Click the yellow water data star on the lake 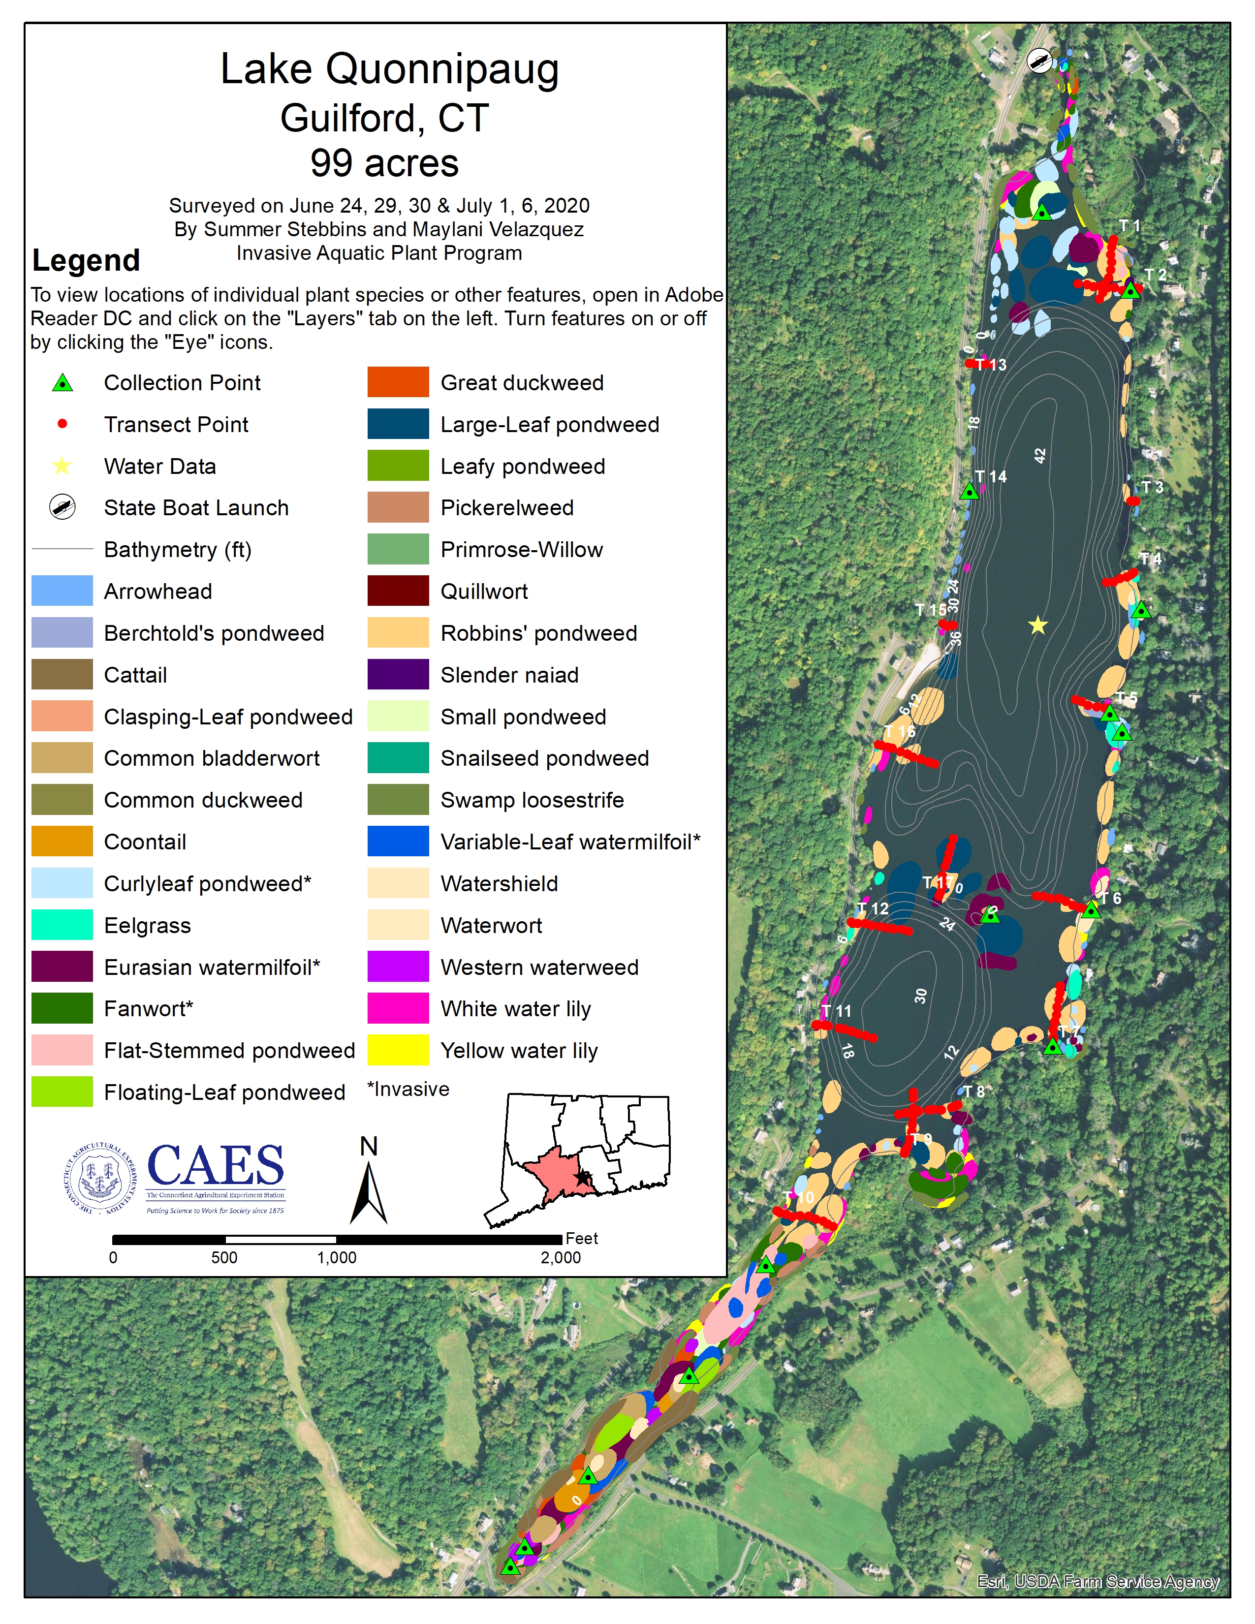[x=1037, y=625]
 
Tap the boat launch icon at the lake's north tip [x=1039, y=60]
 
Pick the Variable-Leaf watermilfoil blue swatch [x=398, y=841]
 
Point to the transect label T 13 [x=992, y=364]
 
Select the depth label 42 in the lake [x=1039, y=456]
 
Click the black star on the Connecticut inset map [x=582, y=1178]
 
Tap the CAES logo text [x=216, y=1165]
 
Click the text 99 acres [x=384, y=163]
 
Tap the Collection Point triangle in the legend [x=63, y=383]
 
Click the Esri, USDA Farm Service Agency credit [x=1098, y=1582]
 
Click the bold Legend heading [x=86, y=260]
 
